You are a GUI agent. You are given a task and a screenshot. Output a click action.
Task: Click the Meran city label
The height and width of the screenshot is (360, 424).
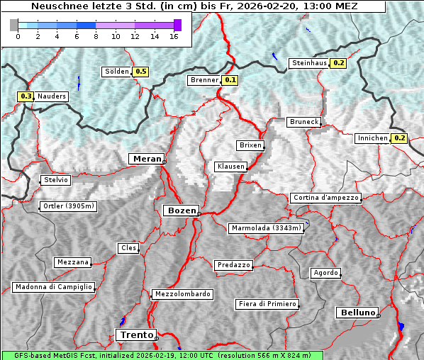tap(146, 159)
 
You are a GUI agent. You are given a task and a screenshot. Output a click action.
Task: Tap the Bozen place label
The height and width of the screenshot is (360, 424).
tap(181, 210)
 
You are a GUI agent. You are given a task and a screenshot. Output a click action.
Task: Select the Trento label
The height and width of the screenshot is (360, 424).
tap(135, 334)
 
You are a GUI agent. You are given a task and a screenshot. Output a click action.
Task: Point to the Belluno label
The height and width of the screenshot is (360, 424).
tap(357, 312)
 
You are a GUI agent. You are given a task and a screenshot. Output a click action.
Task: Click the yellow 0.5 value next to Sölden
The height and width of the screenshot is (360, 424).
tap(141, 72)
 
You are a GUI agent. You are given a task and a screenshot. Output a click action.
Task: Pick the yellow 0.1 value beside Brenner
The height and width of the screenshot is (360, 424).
tap(230, 80)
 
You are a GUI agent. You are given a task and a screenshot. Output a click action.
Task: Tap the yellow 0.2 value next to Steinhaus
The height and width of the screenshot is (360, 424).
tap(339, 63)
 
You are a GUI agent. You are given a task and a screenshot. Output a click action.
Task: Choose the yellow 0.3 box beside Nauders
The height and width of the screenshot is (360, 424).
tap(26, 96)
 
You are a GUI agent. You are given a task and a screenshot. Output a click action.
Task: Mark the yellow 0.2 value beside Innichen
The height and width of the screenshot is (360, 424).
tap(400, 138)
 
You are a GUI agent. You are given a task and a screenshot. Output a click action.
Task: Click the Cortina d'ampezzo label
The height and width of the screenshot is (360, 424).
tap(325, 198)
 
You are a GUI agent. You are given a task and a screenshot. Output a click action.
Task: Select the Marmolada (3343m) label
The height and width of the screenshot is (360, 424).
tap(267, 228)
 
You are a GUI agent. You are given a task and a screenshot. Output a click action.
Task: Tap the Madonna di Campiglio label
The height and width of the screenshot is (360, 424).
tap(53, 287)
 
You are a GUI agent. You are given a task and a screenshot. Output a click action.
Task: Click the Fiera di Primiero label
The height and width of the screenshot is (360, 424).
tap(267, 304)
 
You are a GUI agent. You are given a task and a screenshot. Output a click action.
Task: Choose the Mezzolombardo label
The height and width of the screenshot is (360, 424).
tap(182, 294)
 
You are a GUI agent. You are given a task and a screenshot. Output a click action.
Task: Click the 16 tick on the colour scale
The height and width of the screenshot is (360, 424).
tap(173, 35)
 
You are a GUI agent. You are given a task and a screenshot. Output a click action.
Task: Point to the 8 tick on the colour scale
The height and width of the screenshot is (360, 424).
tap(96, 35)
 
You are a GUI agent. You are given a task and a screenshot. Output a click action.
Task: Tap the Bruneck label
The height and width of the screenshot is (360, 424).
tap(304, 122)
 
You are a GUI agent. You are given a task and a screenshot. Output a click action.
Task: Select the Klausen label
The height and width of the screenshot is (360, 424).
tap(230, 167)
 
